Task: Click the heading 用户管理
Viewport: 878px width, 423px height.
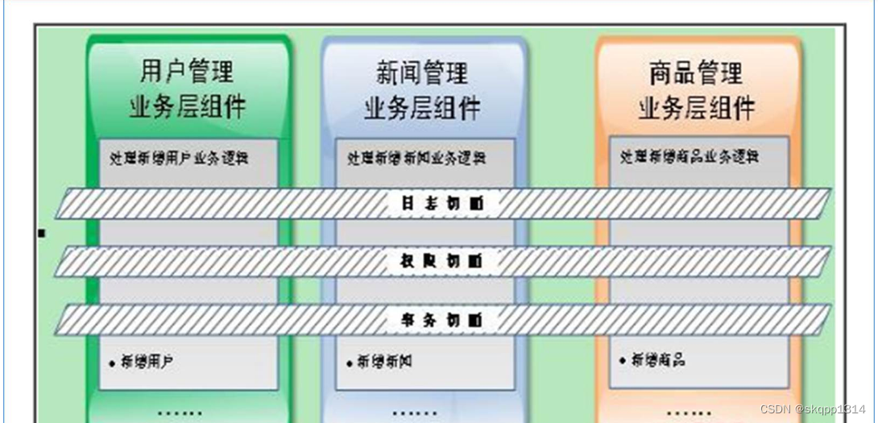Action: coord(187,73)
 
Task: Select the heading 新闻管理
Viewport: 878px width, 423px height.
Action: coord(422,73)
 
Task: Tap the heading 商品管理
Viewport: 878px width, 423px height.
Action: coord(696,74)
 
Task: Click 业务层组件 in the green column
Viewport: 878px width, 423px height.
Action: coord(187,107)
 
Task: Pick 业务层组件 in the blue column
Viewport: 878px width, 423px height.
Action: coord(422,107)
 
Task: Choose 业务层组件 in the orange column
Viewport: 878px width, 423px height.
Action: coord(696,107)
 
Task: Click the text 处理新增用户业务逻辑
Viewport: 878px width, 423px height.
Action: coord(179,158)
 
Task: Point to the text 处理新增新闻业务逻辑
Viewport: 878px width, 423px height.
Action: coord(417,158)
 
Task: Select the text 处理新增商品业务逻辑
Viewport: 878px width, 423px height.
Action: coord(690,157)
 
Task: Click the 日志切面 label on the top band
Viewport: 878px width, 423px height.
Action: coord(442,204)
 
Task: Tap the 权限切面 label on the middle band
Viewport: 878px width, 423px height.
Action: coord(442,261)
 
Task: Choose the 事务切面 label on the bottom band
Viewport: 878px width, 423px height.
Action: coord(442,320)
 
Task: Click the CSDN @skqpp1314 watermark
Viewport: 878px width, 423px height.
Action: coord(812,409)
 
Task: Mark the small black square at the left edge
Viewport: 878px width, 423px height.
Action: coord(42,234)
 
